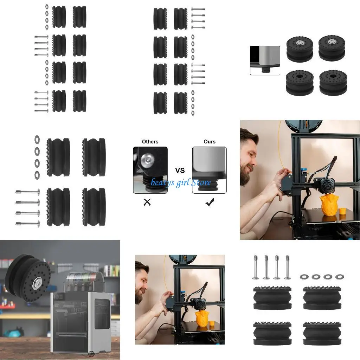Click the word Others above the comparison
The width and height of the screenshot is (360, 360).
coord(150,142)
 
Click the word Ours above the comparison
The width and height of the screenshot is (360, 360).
coord(210,142)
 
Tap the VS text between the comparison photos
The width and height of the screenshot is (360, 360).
coord(180,171)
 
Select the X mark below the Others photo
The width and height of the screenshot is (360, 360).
coord(147,202)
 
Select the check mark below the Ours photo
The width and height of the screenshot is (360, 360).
coord(210,202)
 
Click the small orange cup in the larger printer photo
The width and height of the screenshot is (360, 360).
coord(341,211)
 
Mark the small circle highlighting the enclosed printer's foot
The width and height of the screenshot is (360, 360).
coord(91,354)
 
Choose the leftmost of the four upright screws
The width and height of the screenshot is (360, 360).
coord(256,267)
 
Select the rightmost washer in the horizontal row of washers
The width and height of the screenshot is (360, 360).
coord(340,277)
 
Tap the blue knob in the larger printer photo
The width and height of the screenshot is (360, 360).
coord(304,171)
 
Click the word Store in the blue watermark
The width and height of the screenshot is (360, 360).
coord(201,182)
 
